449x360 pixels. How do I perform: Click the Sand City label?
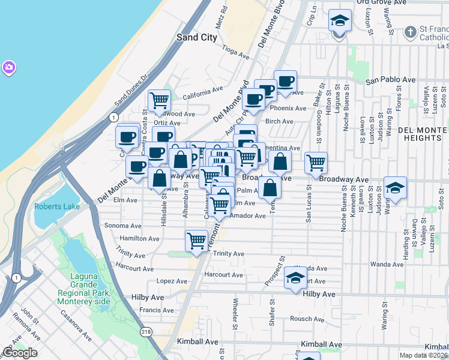point(196,37)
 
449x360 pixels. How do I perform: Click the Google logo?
point(20,353)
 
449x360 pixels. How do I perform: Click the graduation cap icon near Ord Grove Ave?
point(340,22)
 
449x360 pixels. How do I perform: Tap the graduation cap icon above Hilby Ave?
point(295,277)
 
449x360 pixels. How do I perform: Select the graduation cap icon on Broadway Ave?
point(395,188)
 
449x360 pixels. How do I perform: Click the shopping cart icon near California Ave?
point(159,100)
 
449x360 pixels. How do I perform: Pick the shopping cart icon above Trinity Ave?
point(197,241)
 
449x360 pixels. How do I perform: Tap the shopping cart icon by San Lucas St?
point(316,163)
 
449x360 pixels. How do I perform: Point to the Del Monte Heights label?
point(423,135)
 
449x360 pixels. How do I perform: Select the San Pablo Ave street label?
point(391,79)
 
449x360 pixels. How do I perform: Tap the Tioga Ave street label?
point(235,53)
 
